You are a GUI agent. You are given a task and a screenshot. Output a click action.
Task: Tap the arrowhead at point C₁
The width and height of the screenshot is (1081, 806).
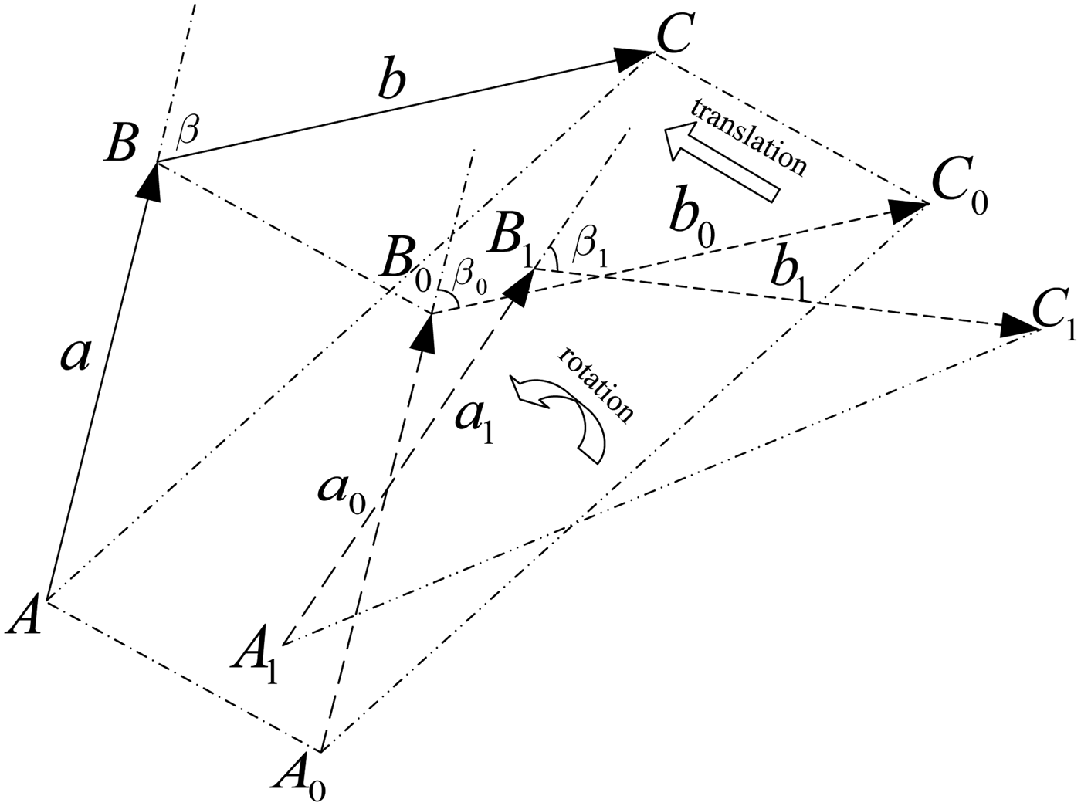pyautogui.click(x=1019, y=325)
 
